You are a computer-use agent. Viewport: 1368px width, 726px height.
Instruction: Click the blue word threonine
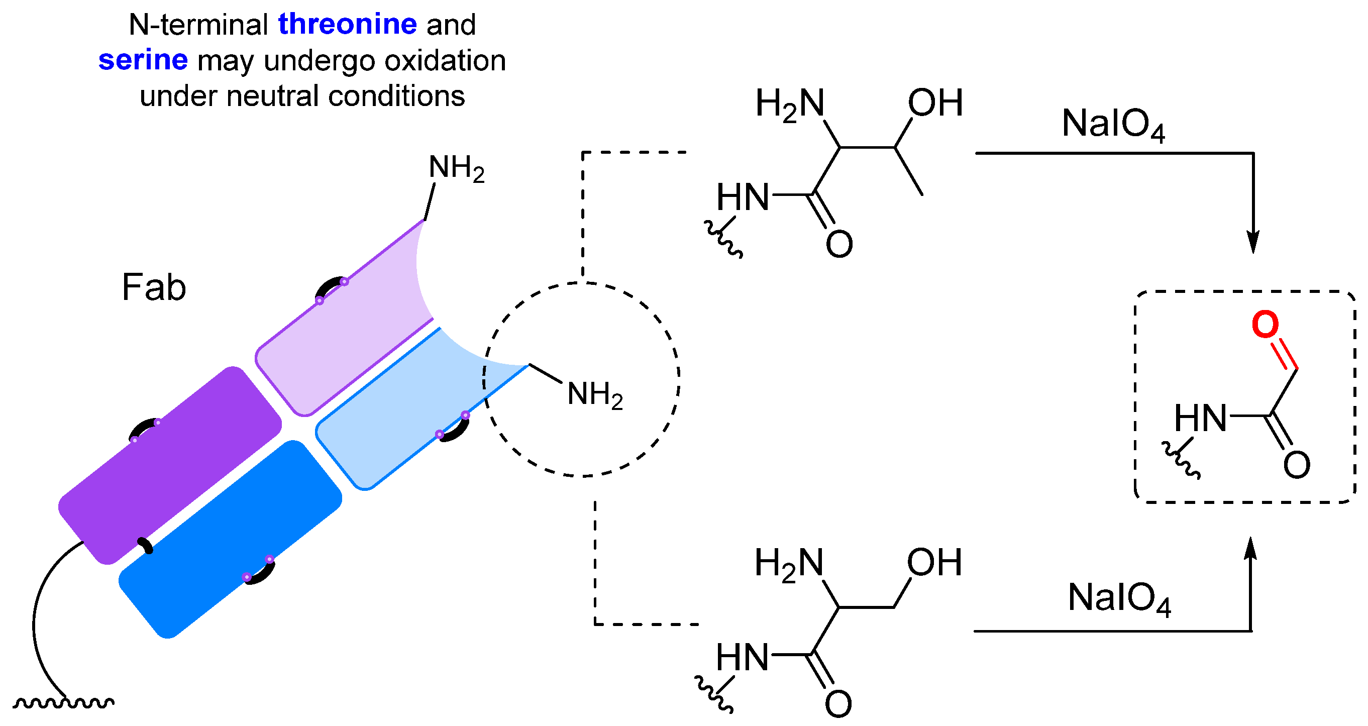(347, 25)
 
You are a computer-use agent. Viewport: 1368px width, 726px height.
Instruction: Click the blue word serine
(143, 60)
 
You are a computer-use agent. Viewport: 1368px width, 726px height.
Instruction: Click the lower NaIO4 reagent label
(1118, 598)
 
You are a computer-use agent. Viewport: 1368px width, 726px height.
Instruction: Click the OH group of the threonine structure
(934, 102)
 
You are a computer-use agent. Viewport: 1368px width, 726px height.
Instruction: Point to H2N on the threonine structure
(790, 104)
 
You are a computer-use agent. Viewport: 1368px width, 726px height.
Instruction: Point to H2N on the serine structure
(789, 564)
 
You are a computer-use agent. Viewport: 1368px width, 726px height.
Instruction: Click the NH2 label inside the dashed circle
(594, 394)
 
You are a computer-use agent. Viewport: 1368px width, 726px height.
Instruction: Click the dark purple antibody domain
(170, 465)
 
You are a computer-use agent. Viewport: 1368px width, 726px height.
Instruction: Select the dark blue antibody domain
(230, 539)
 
